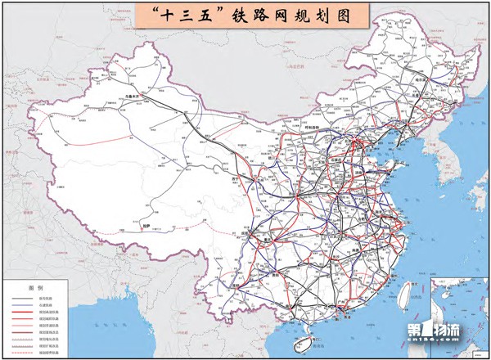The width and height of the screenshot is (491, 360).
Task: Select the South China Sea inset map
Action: pos(458,316)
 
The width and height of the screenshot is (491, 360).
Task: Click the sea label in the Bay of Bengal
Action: pos(140,327)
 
